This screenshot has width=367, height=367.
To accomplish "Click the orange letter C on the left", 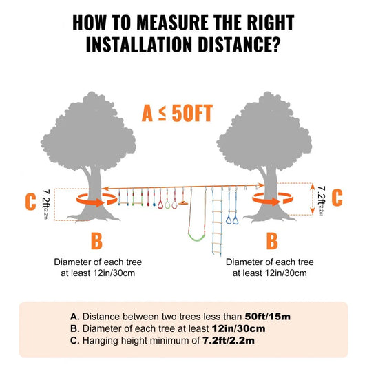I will tap(30, 202).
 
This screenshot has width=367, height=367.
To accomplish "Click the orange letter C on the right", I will tap(337, 197).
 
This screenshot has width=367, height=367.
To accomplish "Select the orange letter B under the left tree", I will tap(96, 242).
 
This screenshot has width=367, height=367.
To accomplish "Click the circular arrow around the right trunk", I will tap(269, 198).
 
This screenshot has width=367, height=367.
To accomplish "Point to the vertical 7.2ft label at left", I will tap(46, 203).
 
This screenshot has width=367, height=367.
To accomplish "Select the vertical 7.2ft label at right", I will tap(317, 199).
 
